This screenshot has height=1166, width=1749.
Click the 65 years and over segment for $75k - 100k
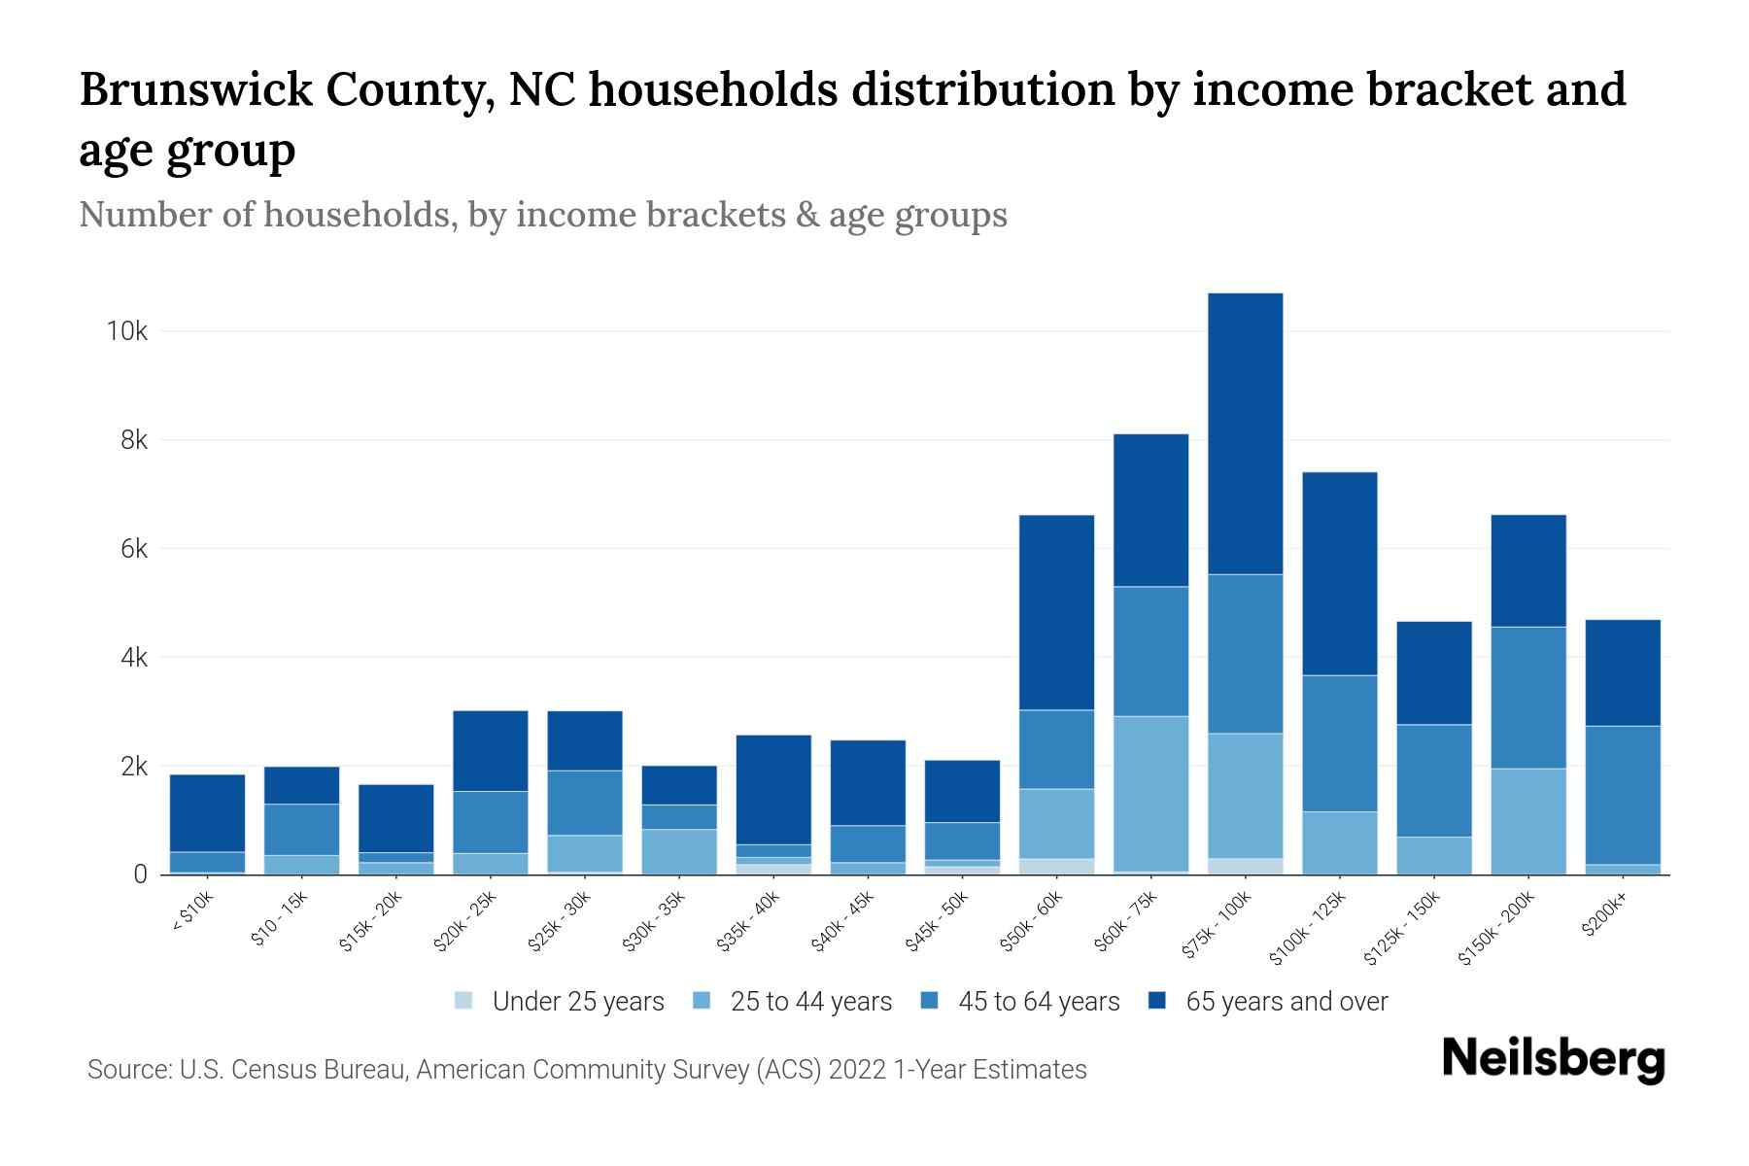pyautogui.click(x=1246, y=433)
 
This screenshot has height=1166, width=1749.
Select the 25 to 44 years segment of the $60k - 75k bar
pyautogui.click(x=1150, y=793)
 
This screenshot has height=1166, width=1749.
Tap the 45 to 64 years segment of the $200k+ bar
pyautogui.click(x=1623, y=795)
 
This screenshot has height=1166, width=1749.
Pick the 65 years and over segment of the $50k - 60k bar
pyautogui.click(x=1056, y=612)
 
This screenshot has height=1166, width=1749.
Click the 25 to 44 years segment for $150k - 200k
pyautogui.click(x=1528, y=821)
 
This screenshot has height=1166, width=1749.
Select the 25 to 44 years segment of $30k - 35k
pyautogui.click(x=679, y=851)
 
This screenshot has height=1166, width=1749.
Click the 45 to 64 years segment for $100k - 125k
pyautogui.click(x=1339, y=743)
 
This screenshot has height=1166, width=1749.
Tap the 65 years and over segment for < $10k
pyautogui.click(x=207, y=813)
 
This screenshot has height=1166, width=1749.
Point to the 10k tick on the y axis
pyautogui.click(x=126, y=331)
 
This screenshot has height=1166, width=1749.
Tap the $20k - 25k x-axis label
pyautogui.click(x=466, y=920)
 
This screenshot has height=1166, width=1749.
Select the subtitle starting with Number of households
pyautogui.click(x=542, y=215)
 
